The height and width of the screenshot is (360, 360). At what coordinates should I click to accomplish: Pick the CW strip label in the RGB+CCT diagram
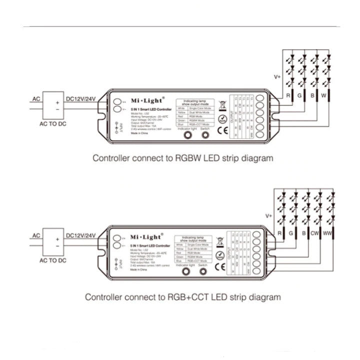[314, 233]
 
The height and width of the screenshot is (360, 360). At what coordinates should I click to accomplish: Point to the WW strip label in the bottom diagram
[327, 233]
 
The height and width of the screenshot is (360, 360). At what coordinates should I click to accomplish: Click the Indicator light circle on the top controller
[188, 135]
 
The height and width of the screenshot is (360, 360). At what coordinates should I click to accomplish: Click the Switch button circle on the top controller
[204, 135]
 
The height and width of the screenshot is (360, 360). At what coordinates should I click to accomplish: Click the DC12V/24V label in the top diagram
[80, 98]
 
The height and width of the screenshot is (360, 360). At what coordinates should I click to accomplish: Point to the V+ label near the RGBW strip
[277, 77]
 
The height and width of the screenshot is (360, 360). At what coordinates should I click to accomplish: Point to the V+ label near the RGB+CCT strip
[268, 216]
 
